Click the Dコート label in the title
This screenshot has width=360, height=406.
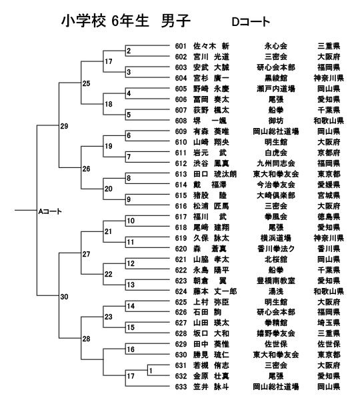251,22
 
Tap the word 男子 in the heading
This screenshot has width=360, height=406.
175,21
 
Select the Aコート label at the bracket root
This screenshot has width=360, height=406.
50,211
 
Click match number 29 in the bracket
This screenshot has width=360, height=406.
64,126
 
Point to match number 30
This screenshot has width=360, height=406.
64,297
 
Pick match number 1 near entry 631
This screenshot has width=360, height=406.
151,371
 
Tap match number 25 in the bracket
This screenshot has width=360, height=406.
86,83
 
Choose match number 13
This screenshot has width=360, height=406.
131,285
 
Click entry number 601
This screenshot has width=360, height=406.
181,46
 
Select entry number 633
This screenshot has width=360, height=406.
181,387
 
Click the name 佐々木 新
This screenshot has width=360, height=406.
211,46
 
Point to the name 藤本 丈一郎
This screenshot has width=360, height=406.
215,291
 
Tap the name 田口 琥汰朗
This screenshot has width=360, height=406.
215,174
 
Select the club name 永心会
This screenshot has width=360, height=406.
276,46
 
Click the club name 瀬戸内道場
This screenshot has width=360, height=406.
276,89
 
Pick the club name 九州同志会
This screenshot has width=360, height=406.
276,163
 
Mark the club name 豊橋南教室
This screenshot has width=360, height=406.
276,281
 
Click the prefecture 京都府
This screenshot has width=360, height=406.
329,153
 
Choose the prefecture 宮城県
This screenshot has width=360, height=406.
329,195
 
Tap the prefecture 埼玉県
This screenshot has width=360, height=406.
329,323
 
